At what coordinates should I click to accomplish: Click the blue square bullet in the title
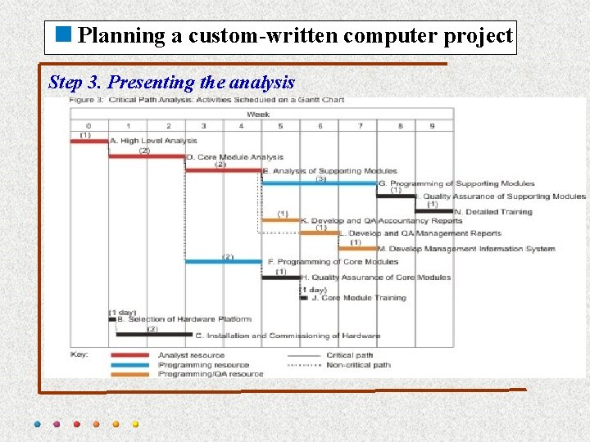click(64, 35)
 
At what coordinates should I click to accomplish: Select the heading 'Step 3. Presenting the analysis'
click(171, 82)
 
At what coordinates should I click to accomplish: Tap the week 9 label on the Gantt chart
click(432, 126)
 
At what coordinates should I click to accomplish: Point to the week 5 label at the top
click(280, 126)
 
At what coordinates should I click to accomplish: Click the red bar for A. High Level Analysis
click(89, 141)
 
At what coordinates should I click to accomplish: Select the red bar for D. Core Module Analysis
click(147, 156)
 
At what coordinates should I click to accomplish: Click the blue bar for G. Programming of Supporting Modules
click(320, 183)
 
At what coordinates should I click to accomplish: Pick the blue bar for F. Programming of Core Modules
click(224, 262)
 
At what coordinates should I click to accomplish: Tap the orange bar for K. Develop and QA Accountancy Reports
click(280, 220)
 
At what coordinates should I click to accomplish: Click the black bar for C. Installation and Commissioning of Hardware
click(155, 335)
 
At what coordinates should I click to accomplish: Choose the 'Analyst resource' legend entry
click(191, 355)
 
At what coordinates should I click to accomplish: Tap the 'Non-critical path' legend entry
click(359, 365)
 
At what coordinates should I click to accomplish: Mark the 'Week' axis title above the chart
click(258, 115)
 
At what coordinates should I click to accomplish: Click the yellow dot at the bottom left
click(135, 424)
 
